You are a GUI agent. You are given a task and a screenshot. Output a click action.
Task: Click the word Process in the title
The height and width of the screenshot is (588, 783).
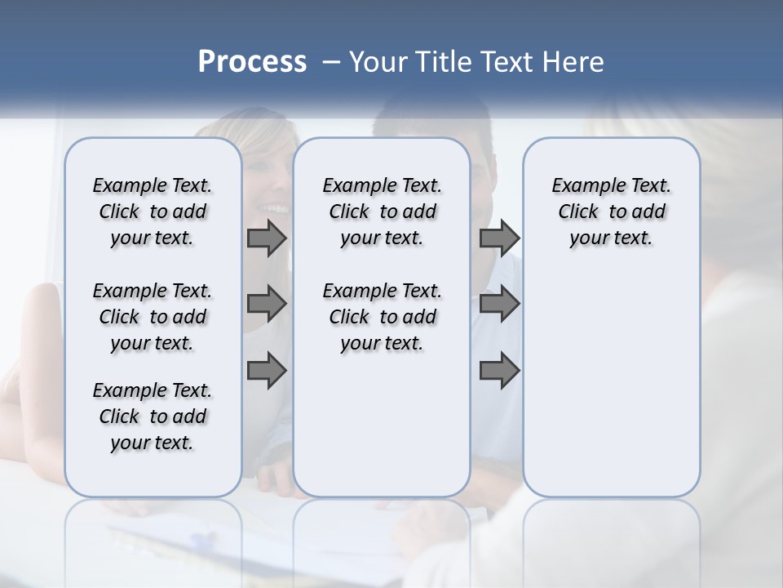(252, 62)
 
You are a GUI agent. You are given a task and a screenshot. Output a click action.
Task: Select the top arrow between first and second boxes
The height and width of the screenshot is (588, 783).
(267, 238)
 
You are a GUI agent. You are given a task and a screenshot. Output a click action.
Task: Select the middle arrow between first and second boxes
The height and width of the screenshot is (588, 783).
(267, 305)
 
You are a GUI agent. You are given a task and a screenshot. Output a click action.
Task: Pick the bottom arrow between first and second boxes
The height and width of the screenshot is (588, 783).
(267, 372)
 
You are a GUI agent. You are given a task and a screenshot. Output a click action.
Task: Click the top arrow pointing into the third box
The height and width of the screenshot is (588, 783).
(499, 238)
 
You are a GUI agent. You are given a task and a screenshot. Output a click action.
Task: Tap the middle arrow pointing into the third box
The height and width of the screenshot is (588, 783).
(499, 305)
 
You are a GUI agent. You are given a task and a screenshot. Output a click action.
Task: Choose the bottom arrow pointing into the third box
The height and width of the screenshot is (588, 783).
(499, 372)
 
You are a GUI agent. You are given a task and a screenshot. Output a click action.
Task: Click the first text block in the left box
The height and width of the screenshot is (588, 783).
(153, 212)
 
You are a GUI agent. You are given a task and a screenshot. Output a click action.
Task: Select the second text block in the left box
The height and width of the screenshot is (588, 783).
(153, 317)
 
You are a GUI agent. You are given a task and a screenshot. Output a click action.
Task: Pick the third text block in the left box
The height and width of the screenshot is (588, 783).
(153, 417)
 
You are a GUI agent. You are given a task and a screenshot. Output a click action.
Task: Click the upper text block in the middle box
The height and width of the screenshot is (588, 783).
(382, 212)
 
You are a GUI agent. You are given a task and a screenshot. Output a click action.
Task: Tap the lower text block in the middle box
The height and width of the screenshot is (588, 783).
(382, 317)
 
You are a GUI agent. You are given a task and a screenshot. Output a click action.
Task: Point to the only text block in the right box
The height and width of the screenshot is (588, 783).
(611, 212)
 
